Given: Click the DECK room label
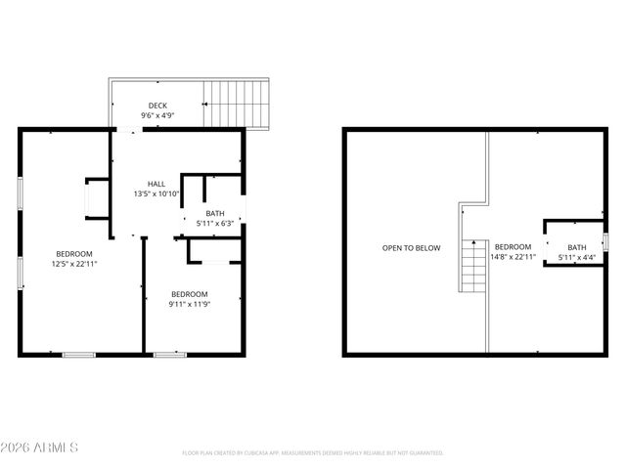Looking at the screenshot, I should [156, 106].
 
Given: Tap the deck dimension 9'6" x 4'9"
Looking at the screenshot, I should [156, 116].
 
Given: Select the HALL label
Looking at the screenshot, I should [156, 184].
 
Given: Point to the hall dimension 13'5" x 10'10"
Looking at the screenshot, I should [156, 194].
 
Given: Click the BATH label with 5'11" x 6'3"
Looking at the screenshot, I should [215, 213].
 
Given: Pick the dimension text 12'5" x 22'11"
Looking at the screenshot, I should [73, 263].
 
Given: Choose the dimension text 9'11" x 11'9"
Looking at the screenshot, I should [190, 305].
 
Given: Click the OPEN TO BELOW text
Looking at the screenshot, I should [411, 248].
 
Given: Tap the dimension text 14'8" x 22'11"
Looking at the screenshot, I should [513, 257].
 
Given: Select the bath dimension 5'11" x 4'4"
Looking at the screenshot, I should [577, 258].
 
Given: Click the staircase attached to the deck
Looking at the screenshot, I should [235, 105].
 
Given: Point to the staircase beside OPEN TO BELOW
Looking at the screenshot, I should [473, 266].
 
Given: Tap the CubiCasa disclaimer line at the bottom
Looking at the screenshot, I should [313, 453].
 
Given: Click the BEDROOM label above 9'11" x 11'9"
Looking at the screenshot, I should [190, 294].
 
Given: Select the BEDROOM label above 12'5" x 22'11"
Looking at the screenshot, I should [73, 252].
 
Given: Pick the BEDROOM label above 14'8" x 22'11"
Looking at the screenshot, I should [513, 246].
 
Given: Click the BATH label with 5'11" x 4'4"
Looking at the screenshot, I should [577, 247].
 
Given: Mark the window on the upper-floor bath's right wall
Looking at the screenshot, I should [605, 240].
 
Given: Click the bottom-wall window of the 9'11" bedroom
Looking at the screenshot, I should [170, 354].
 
